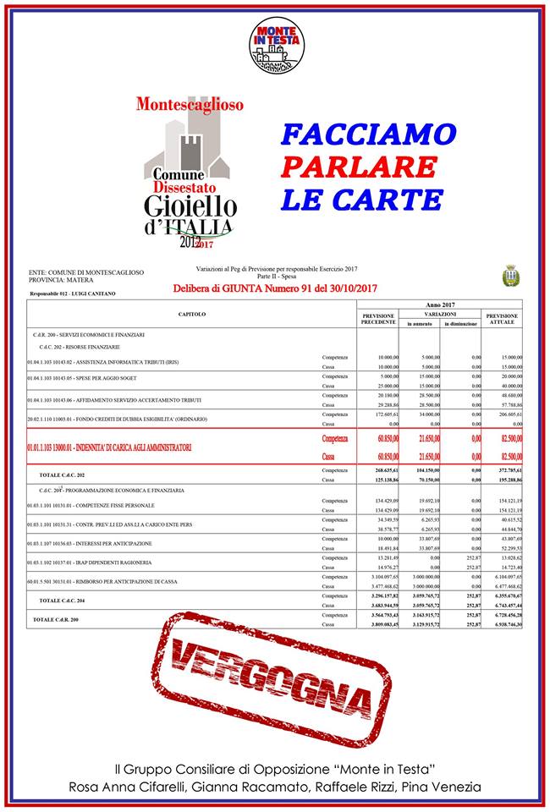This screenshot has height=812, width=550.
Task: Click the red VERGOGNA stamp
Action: coord(274,682)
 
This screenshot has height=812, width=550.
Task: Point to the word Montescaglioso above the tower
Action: coord(190,105)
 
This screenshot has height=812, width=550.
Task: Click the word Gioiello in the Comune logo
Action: coord(190,206)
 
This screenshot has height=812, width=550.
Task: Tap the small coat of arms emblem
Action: coord(509,275)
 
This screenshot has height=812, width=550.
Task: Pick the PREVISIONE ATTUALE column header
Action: coord(503,318)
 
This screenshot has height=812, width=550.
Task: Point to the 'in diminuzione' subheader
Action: coord(460,324)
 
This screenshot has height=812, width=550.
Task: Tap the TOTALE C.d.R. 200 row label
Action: coord(64,619)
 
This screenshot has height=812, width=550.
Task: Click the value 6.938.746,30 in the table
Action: coord(502,624)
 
